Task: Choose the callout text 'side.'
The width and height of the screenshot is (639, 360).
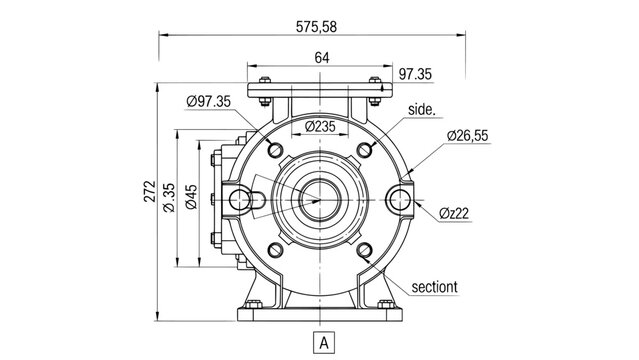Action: pyautogui.click(x=422, y=107)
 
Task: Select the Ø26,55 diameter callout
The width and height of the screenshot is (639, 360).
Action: pyautogui.click(x=467, y=134)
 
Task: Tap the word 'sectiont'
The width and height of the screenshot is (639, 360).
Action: pyautogui.click(x=434, y=287)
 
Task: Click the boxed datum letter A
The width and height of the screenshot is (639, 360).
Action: pyautogui.click(x=321, y=341)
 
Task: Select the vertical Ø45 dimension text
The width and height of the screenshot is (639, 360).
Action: pyautogui.click(x=190, y=197)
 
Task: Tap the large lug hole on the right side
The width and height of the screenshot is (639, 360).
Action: pyautogui.click(x=401, y=199)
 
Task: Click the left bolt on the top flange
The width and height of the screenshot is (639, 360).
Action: pyautogui.click(x=263, y=82)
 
